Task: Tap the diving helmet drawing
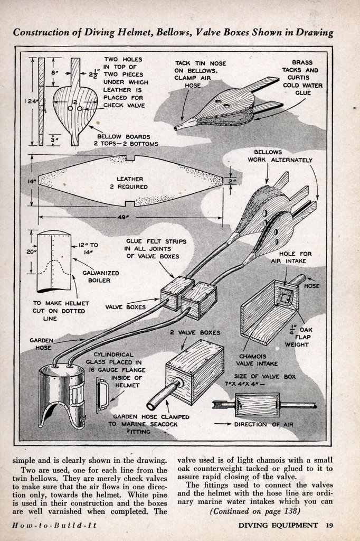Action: [62, 394]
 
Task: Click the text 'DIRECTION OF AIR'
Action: [265, 424]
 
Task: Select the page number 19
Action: [329, 525]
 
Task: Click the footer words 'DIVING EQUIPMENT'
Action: [278, 525]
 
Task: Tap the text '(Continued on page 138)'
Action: [255, 511]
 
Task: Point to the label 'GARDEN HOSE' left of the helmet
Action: [41, 344]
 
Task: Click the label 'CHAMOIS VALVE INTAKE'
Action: [257, 360]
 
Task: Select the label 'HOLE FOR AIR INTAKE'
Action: [298, 257]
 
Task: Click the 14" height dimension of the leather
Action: [30, 181]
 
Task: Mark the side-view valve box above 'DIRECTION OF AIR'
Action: [257, 405]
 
